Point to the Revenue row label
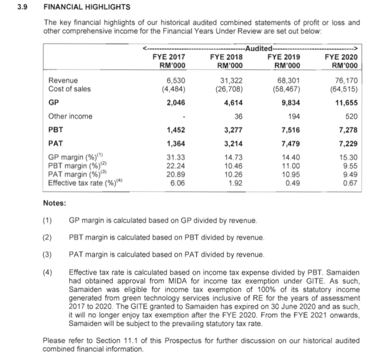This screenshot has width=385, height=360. point(63,80)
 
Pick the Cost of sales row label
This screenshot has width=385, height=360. point(69,88)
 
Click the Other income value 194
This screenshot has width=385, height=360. point(294,116)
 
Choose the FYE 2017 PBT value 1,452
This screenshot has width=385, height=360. point(175,130)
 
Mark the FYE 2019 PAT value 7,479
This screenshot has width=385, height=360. point(290,144)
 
